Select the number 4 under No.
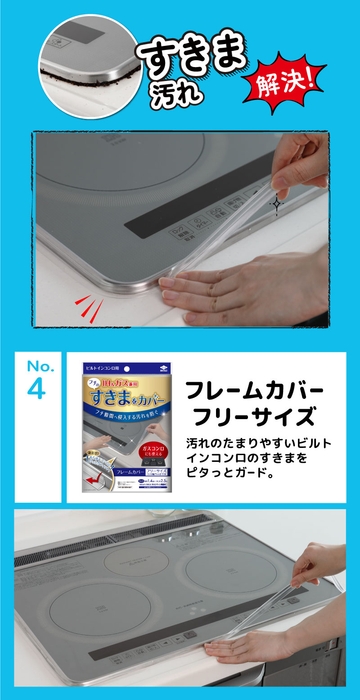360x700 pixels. (x=37, y=389)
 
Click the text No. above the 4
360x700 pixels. (x=37, y=364)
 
